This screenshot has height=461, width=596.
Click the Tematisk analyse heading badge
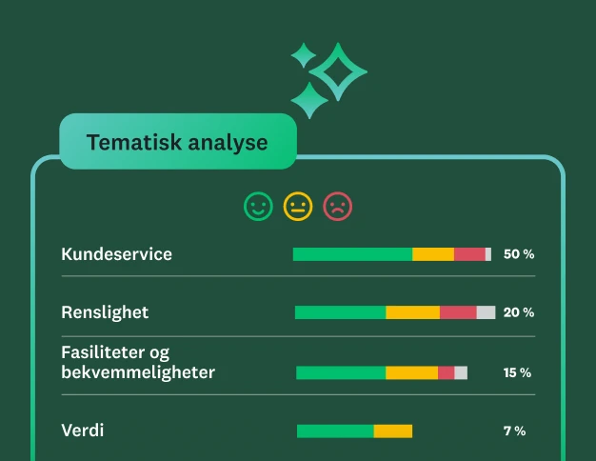pyautogui.click(x=177, y=142)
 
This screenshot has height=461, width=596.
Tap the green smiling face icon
pyautogui.click(x=258, y=206)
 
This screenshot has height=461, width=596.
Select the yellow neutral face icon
pyautogui.click(x=298, y=206)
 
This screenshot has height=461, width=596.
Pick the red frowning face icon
pyautogui.click(x=337, y=206)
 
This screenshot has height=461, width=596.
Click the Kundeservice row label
pyautogui.click(x=117, y=254)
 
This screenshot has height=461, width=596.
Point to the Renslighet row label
pyautogui.click(x=105, y=312)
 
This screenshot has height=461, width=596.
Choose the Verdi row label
pyautogui.click(x=83, y=431)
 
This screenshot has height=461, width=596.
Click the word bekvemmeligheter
pyautogui.click(x=138, y=372)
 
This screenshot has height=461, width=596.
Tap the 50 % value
pyautogui.click(x=519, y=254)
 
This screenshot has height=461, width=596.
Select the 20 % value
pyautogui.click(x=519, y=312)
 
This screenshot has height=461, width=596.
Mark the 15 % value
pyautogui.click(x=517, y=372)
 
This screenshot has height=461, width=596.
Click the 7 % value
pyautogui.click(x=514, y=431)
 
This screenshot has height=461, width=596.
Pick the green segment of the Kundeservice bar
pyautogui.click(x=352, y=254)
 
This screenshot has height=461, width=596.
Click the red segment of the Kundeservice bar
pyautogui.click(x=469, y=254)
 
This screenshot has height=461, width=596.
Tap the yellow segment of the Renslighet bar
pyautogui.click(x=412, y=312)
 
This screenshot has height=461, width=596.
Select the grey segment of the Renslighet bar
pyautogui.click(x=486, y=312)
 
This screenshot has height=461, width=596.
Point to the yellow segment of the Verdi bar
pyautogui.click(x=392, y=431)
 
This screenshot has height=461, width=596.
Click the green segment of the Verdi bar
pyautogui.click(x=335, y=431)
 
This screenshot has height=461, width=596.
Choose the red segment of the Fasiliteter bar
pyautogui.click(x=446, y=372)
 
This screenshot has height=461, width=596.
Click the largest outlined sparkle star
pyautogui.click(x=338, y=71)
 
